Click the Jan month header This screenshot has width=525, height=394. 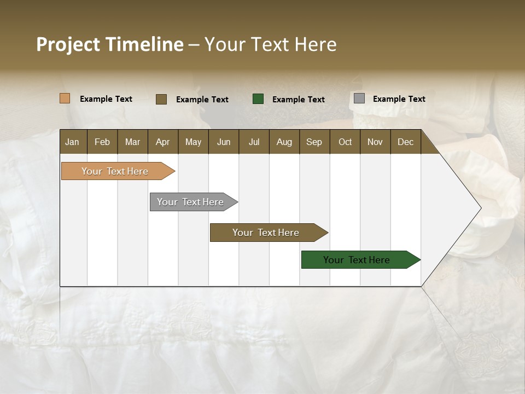72,142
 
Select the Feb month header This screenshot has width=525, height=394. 102,142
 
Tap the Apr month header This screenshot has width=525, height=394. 162,142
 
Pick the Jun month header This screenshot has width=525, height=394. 224,142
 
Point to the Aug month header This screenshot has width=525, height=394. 284,142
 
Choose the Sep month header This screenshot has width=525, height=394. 314,142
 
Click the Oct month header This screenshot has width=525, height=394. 345,142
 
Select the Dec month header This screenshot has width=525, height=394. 405,142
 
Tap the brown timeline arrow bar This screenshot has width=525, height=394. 266,233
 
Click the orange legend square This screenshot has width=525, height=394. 65,99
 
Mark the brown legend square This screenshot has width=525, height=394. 161,99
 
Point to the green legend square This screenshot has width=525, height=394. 258,99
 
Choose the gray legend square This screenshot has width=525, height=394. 359,99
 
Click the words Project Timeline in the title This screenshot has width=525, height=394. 110,44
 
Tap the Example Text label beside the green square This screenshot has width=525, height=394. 299,99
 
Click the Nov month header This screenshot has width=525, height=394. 375,142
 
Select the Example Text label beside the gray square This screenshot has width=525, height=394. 399,99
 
